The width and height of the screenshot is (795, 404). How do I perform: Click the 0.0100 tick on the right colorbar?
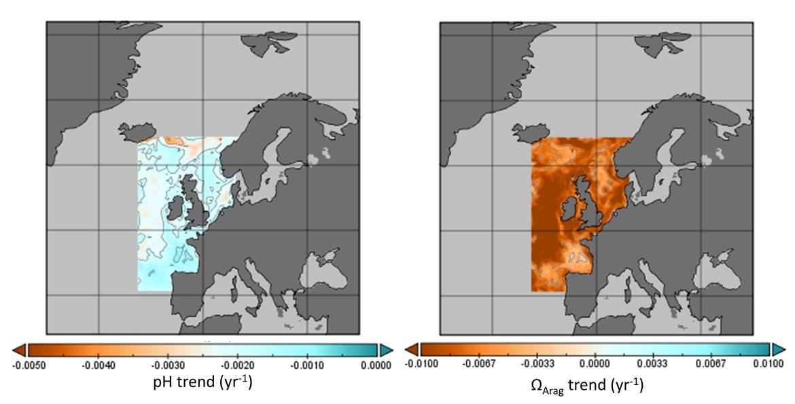point(764,365)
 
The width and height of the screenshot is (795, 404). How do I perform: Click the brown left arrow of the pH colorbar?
point(19,350)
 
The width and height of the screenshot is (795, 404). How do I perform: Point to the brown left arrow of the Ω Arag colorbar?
point(411,350)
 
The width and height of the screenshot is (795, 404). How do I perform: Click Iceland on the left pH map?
point(136,130)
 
